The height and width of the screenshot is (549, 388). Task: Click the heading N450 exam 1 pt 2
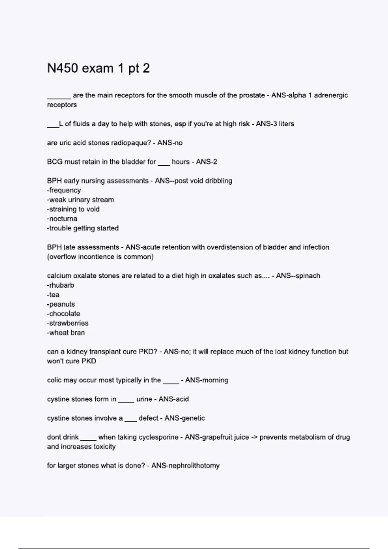point(98,68)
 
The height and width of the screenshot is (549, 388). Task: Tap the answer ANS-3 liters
point(275,124)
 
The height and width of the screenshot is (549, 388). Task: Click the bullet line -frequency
point(64,190)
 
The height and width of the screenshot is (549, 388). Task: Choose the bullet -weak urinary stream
point(81,200)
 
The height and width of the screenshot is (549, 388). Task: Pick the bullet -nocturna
point(62,219)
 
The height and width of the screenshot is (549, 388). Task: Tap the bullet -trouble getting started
point(83,228)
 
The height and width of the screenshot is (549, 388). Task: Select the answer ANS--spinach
point(298,276)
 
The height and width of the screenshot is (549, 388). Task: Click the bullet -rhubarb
point(60,285)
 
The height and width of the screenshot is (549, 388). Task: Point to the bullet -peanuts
point(61,304)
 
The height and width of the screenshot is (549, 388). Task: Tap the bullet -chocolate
point(63,314)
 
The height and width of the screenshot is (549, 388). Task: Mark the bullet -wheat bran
point(66,333)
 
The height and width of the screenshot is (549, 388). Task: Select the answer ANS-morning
point(207,380)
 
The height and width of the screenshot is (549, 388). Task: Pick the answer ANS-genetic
point(185,418)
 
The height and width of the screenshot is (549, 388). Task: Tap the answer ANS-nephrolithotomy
point(185,466)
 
